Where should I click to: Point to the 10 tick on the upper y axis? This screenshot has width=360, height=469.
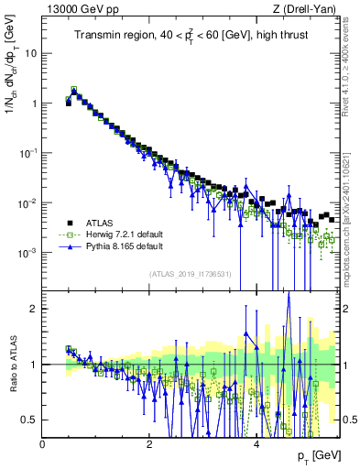tap(31, 53)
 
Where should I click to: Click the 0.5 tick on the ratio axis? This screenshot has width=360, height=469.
tap(30, 420)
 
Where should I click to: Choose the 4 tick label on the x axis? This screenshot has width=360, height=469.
tap(256, 443)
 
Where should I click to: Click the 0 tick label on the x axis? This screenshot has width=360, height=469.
tap(43, 443)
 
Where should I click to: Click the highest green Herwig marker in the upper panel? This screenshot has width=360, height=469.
tap(74, 90)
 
